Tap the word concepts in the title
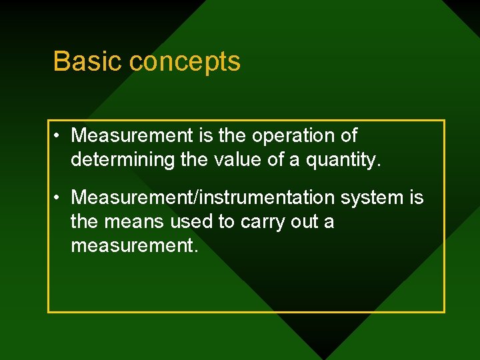click(185, 62)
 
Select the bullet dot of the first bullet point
click(59, 136)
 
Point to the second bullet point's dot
click(59, 198)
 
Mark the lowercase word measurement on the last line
click(133, 246)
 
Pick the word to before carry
click(227, 222)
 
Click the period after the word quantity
click(379, 165)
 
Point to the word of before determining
click(348, 136)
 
